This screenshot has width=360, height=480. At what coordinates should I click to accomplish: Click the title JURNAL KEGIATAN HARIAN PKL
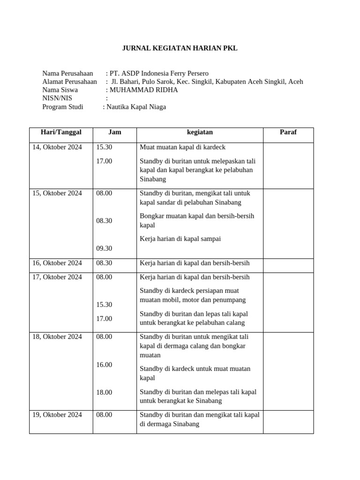coord(180,48)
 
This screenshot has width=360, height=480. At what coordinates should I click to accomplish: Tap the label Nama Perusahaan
coord(67,73)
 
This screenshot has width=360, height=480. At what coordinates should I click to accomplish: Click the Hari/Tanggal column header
coord(61,132)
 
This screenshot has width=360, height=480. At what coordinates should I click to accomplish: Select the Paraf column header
coord(288,132)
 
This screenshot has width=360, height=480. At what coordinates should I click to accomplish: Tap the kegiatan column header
coord(199,132)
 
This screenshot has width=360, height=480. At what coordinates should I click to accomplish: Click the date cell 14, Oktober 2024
coord(57,147)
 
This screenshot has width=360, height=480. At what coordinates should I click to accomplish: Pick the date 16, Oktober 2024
coord(57,263)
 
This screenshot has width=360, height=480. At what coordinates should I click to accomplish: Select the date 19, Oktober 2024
coord(57,415)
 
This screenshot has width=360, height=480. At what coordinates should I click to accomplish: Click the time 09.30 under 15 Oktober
coord(104,248)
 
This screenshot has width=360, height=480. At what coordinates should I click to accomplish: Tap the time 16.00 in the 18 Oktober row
coord(104,365)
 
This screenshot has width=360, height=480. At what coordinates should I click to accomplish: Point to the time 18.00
coord(104,392)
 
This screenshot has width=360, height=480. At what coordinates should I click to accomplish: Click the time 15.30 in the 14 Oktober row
coord(104,147)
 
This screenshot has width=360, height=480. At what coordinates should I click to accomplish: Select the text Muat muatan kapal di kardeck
coord(182,147)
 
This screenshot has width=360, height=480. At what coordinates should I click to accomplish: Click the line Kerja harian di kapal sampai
coord(180,239)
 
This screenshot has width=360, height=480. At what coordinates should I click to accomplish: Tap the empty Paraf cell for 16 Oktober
coord(288,265)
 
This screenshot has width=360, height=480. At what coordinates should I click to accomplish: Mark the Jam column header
coord(114,132)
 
